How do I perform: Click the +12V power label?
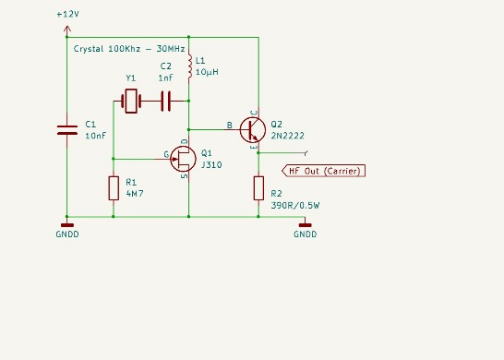(x=66, y=16)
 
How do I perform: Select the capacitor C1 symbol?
(x=66, y=129)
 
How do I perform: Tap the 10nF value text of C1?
(x=95, y=136)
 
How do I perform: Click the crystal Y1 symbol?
(x=131, y=100)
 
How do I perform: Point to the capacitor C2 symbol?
(x=166, y=100)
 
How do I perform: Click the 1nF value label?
(x=165, y=78)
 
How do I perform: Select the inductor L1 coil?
(x=189, y=66)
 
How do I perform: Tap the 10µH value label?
(x=207, y=73)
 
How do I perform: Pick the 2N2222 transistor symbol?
(x=252, y=129)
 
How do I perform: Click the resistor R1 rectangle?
(x=113, y=188)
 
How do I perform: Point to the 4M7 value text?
(x=135, y=195)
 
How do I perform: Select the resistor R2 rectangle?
(x=258, y=188)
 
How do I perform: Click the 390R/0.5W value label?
(x=296, y=205)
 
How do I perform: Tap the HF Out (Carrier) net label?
(x=324, y=171)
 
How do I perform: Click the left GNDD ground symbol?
(x=66, y=223)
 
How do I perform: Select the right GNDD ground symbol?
(x=305, y=223)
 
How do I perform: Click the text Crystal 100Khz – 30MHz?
(x=129, y=47)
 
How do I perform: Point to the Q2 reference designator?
(x=276, y=123)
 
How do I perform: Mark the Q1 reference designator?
(x=205, y=153)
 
